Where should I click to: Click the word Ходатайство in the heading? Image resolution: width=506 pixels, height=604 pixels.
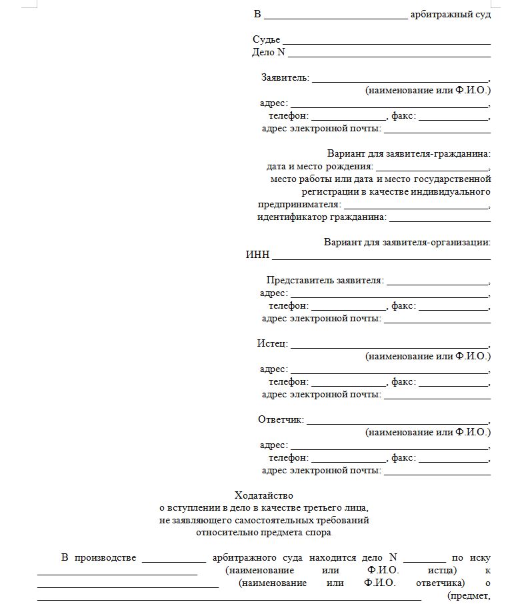[263, 495]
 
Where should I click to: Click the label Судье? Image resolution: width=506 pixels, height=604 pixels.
[266, 40]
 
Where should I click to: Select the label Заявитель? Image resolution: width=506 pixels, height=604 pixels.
[285, 77]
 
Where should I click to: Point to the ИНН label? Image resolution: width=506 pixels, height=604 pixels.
[257, 255]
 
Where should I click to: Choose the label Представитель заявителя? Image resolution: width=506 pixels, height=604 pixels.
[325, 280]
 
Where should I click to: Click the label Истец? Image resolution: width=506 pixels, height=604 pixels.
[273, 343]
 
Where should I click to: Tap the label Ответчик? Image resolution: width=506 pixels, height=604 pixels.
[281, 419]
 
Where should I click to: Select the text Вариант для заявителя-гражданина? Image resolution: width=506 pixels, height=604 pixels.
[409, 153]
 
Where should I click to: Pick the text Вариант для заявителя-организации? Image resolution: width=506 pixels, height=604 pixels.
[407, 242]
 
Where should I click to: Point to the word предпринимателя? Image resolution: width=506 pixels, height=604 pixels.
[299, 204]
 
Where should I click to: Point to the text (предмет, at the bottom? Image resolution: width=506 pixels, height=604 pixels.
[469, 596]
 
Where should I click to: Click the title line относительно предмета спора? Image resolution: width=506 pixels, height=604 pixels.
[263, 533]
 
